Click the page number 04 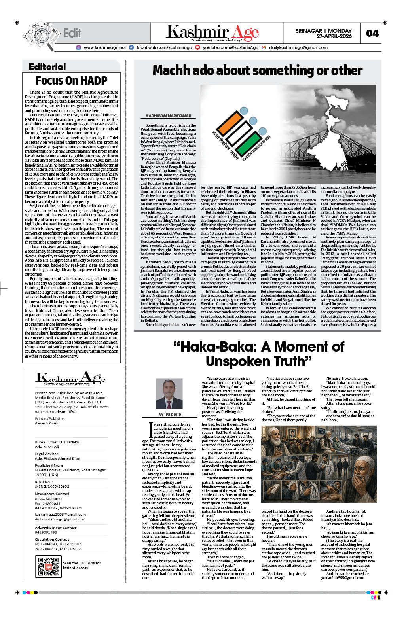(372, 33)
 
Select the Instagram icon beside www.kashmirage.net (78, 47)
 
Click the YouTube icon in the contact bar (197, 47)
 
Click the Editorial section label (47, 67)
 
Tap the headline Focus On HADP (72, 81)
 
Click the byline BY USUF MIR (169, 415)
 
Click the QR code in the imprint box (48, 566)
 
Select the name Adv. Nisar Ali (47, 447)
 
